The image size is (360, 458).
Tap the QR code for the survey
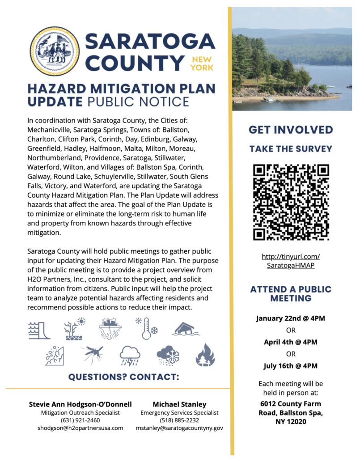[291, 202]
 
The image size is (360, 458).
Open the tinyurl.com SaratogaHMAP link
[291, 261]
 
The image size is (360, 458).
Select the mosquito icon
[94, 355]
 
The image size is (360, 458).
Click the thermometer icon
[147, 329]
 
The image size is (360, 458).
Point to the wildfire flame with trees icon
[205, 355]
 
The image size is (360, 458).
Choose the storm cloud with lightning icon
[130, 356]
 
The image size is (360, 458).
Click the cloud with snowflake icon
[168, 356]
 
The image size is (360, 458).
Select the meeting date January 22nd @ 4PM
[291, 318]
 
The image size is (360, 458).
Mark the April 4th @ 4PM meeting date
[291, 342]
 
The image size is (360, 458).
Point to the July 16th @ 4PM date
[291, 366]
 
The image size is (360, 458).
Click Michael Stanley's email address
[179, 428]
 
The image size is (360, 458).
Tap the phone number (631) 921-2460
[80, 420]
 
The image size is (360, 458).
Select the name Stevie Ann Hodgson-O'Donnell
[80, 404]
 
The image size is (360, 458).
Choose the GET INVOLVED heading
[291, 130]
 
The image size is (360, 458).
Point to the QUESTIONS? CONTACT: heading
[123, 377]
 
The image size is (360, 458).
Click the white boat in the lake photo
[270, 100]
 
